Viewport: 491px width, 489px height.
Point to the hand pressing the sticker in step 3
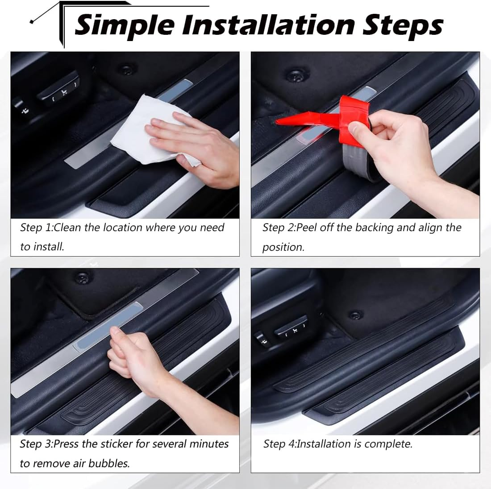click(x=134, y=352)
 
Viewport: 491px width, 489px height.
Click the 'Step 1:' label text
click(x=37, y=228)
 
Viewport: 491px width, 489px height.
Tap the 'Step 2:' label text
click(x=279, y=228)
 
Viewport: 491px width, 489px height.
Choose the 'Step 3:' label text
click(x=36, y=444)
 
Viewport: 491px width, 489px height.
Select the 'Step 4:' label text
click(x=280, y=444)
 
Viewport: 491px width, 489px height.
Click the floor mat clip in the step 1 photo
click(x=127, y=70)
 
